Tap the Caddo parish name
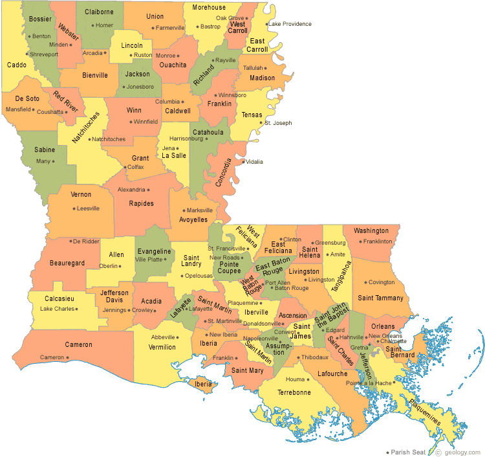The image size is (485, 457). point(17,65)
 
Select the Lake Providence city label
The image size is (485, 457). point(290,24)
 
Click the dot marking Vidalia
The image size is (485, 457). point(243,162)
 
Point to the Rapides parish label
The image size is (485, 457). point(142,203)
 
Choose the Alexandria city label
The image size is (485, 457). point(131,190)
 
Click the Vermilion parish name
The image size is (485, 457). point(162,347)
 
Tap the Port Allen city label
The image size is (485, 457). point(277,282)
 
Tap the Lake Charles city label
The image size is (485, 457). point(58,309)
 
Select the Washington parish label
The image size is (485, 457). point(371,230)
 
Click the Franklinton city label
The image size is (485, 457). point(378,241)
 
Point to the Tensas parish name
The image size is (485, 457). point(252,115)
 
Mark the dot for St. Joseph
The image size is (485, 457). point(261,123)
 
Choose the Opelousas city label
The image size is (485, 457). point(199,276)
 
